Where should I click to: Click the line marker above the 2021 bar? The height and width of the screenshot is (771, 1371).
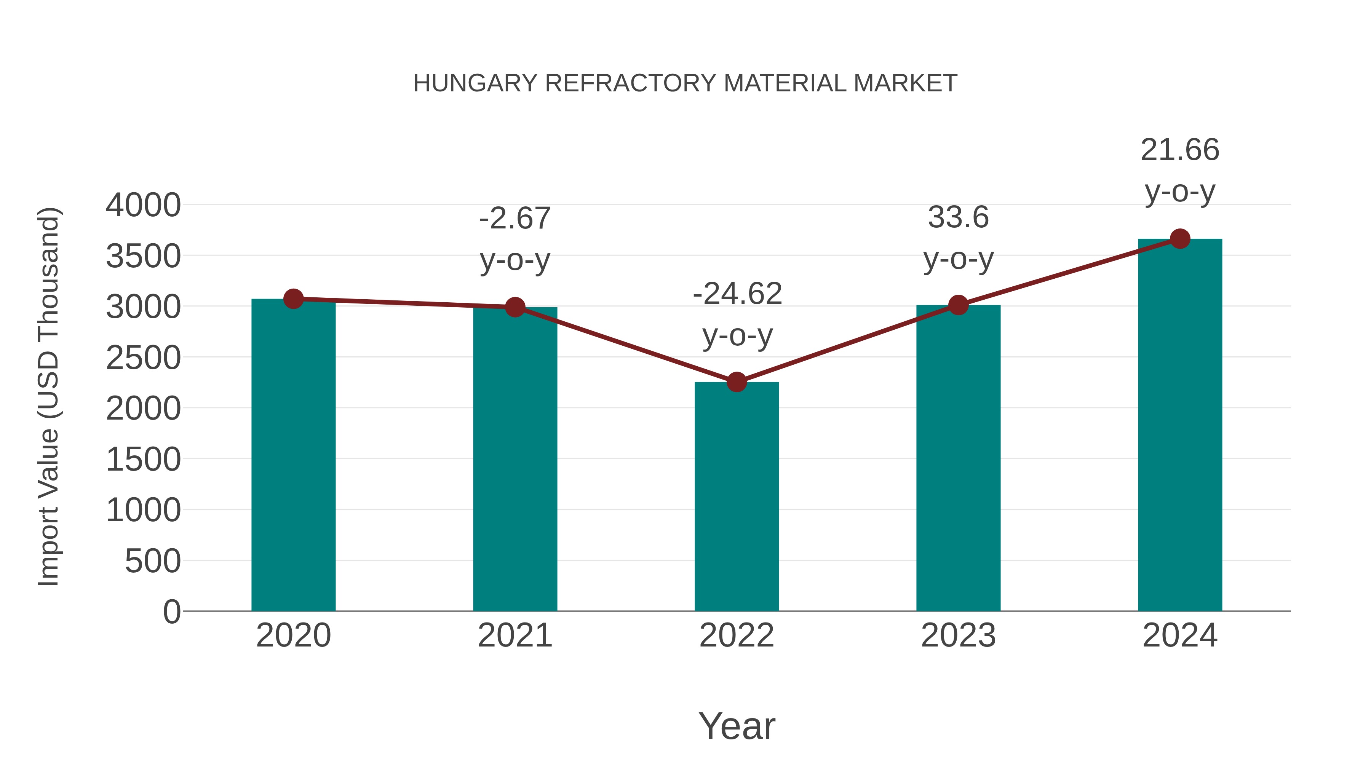tap(515, 307)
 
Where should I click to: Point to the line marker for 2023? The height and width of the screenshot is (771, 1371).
tap(958, 305)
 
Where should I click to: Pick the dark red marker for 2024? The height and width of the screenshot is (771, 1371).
tap(1180, 239)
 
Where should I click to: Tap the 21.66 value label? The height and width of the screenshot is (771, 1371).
tap(1180, 150)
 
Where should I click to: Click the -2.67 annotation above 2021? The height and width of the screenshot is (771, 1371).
tap(515, 218)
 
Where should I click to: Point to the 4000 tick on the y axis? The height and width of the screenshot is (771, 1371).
tap(143, 205)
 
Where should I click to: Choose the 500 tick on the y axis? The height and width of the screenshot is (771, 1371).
tap(153, 561)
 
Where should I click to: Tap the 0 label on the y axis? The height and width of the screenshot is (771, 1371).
tap(172, 611)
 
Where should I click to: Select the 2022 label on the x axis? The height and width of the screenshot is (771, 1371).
tap(737, 635)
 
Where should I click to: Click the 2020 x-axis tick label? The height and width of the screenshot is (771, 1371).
tap(293, 635)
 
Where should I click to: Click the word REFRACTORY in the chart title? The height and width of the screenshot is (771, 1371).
tap(631, 83)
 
